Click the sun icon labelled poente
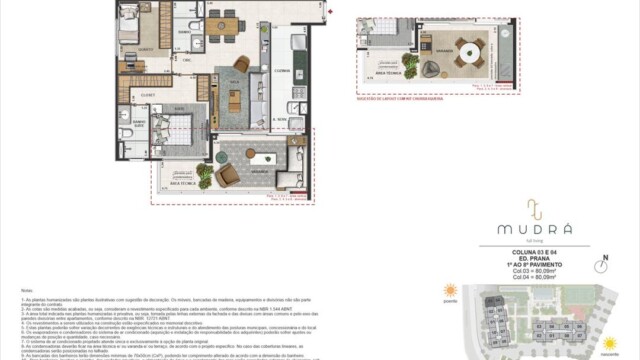click(x=450, y=292)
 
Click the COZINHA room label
click(x=282, y=70)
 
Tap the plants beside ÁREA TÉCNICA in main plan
click(x=205, y=176)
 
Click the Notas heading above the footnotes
click(x=27, y=290)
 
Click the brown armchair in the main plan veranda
click(x=229, y=175)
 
